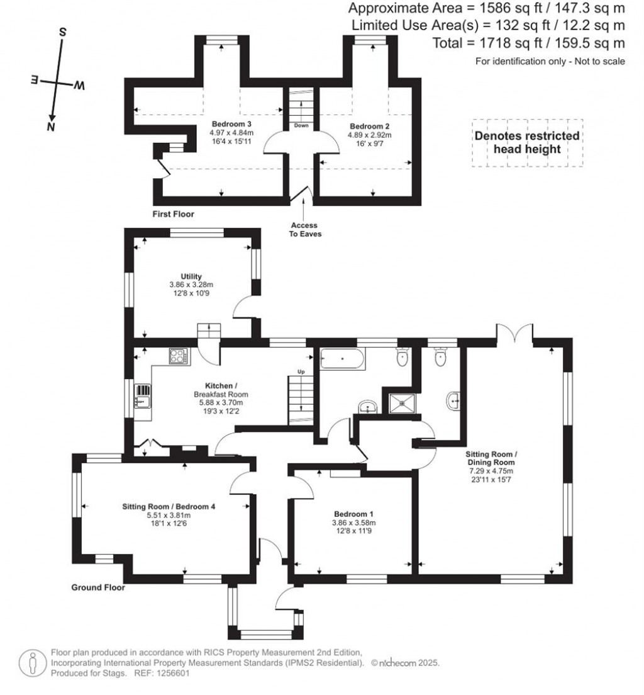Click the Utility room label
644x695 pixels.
point(190,276)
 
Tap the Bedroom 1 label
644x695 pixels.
point(353,512)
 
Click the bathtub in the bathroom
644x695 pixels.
point(342,359)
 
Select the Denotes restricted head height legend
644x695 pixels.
point(527,142)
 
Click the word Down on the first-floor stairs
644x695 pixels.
point(301,125)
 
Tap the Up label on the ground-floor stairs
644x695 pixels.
point(301,372)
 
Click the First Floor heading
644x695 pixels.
point(173,214)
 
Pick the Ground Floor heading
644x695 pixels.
point(97,588)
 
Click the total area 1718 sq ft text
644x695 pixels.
point(528,43)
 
